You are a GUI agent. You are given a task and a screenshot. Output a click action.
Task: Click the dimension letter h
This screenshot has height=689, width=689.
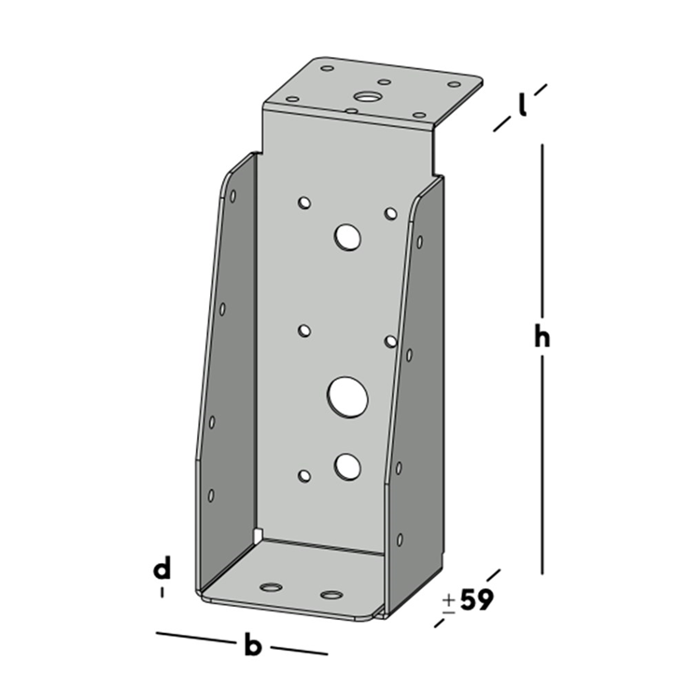[x=541, y=338]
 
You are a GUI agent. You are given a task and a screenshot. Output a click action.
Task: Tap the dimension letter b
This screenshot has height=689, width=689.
[x=252, y=645]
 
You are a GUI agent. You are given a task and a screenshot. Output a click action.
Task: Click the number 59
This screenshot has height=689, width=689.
[x=475, y=600]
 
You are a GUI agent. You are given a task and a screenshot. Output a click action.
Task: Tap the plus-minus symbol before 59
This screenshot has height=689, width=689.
[x=449, y=601]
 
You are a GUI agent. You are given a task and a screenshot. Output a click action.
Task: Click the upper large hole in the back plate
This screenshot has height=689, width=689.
[x=347, y=237]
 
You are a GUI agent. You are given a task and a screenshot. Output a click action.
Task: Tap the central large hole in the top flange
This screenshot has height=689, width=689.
[x=365, y=95]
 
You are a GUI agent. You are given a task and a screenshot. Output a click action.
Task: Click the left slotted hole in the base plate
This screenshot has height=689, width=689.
[x=271, y=587]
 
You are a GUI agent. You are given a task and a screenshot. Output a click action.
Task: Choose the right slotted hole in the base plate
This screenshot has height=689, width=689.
[x=330, y=594]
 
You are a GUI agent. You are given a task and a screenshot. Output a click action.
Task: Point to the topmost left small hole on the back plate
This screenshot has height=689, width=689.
[x=304, y=201]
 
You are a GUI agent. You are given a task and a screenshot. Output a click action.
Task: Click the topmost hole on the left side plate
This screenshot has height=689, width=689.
[x=232, y=197]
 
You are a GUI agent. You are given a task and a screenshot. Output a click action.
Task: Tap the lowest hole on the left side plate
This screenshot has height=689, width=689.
[x=211, y=495]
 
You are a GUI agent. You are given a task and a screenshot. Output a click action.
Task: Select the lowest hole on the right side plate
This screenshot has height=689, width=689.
[x=400, y=539]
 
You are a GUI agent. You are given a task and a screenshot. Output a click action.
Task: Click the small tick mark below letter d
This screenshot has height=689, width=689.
[x=163, y=592]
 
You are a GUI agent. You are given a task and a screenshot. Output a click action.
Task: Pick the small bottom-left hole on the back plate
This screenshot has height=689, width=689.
[x=304, y=476]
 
